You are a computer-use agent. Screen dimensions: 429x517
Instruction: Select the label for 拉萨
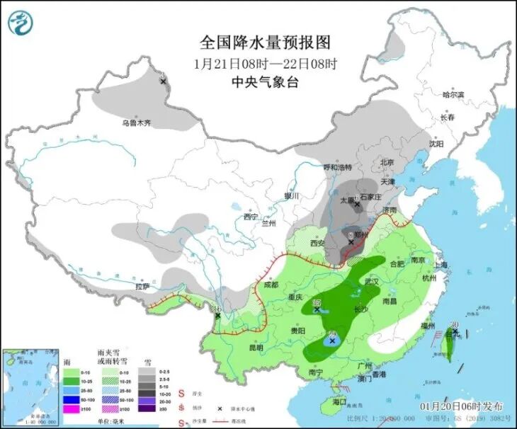[x=142, y=287]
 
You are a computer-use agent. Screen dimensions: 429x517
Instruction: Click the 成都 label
[x=270, y=285]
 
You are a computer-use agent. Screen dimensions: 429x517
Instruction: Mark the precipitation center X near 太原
[x=358, y=205]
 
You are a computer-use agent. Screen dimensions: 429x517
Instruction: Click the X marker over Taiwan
[x=455, y=331]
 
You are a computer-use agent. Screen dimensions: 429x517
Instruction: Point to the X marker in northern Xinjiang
[x=164, y=81]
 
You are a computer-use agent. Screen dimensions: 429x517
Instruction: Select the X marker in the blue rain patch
[x=331, y=341]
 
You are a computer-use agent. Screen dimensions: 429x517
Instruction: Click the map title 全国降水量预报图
[x=265, y=43]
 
